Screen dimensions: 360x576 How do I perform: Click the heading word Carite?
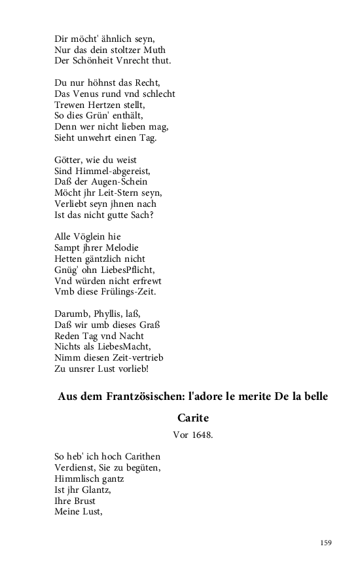pos(192,417)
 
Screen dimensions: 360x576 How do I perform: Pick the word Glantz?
pos(90,490)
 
